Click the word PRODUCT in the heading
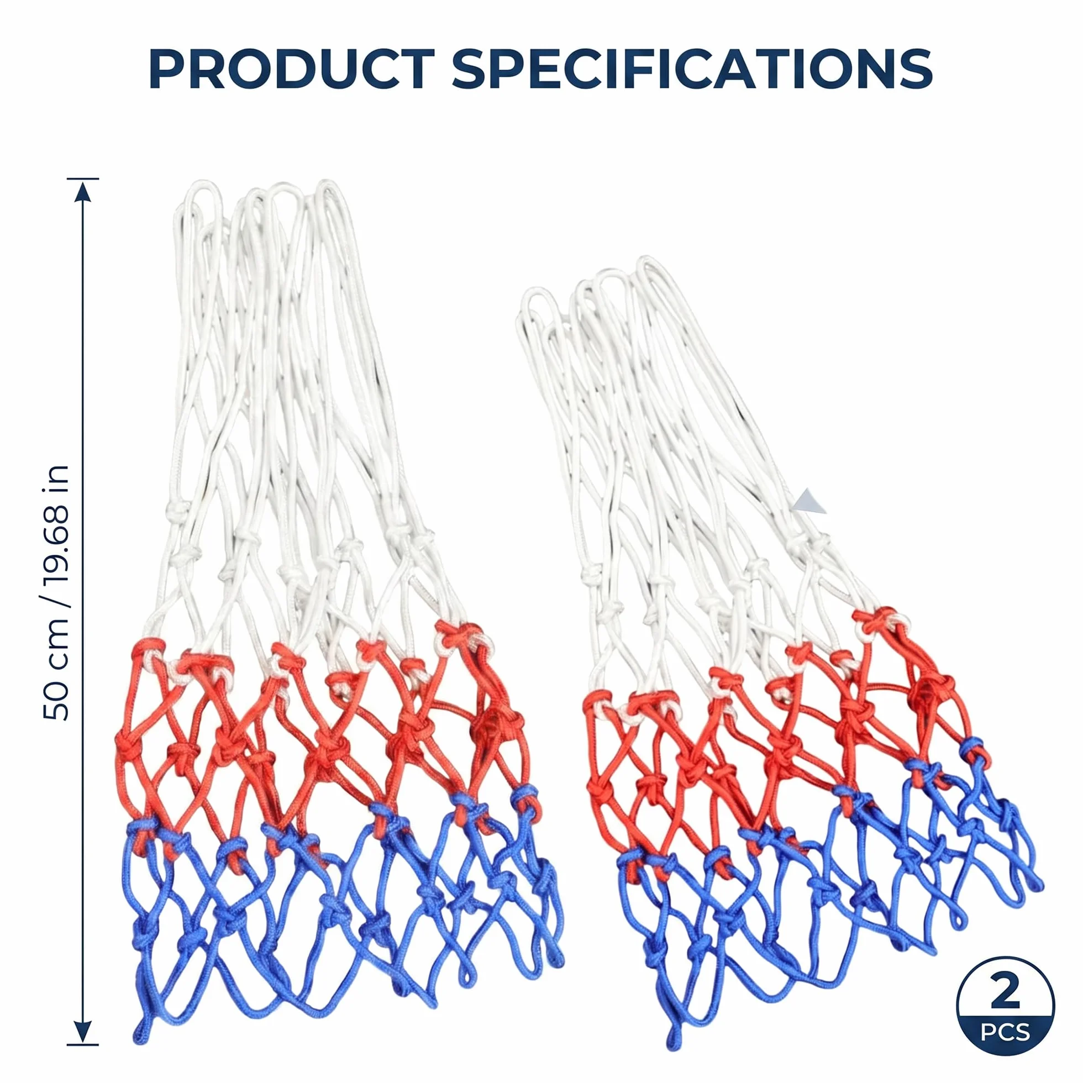point(292,70)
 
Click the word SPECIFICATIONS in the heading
point(692,70)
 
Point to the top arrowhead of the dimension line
point(83,192)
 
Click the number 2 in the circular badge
point(1005,991)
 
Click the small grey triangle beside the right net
point(811,501)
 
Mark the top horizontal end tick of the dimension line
point(83,179)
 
